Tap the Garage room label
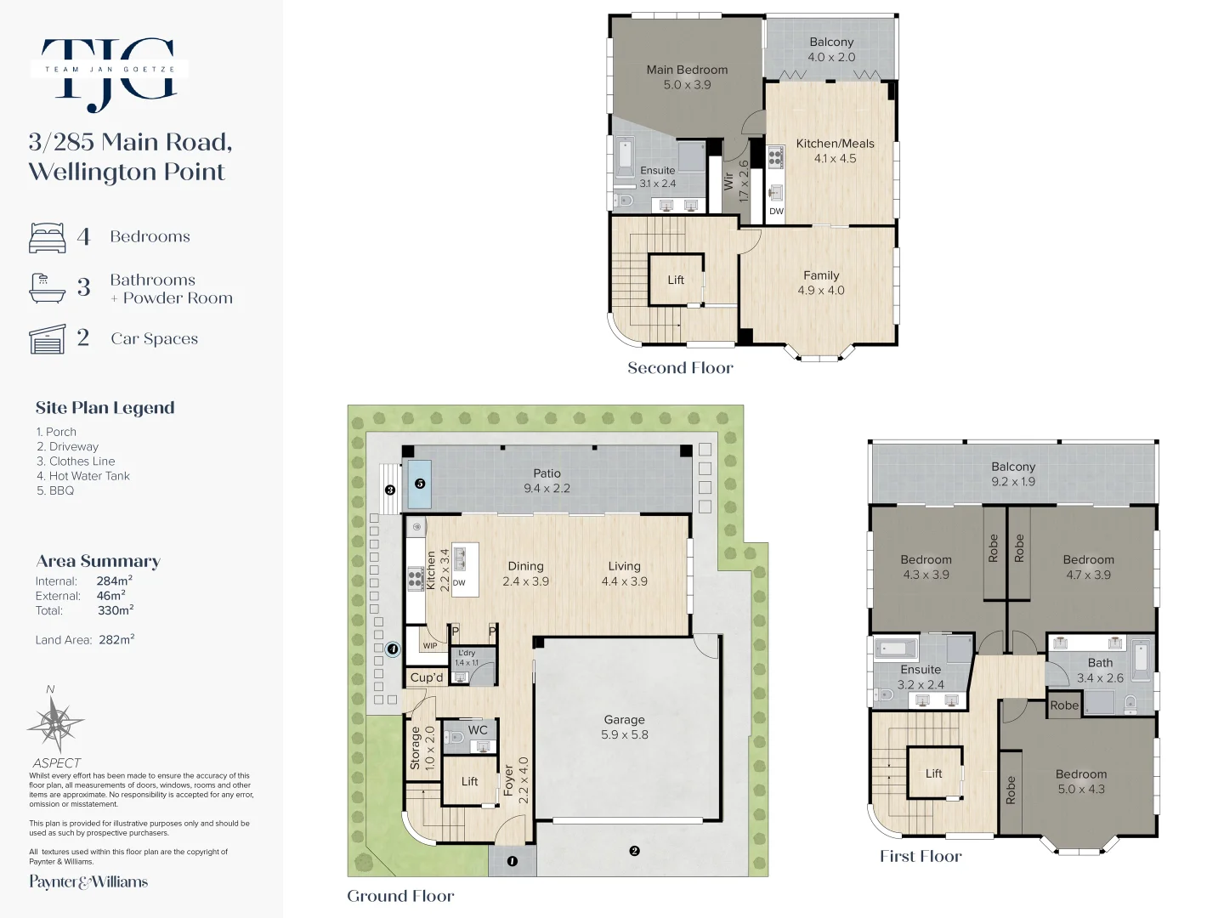tap(624, 727)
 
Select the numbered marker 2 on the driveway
tap(634, 851)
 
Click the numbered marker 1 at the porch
tap(512, 861)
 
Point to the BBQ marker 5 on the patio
tap(420, 484)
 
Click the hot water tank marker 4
tap(393, 649)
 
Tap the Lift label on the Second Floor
tap(676, 280)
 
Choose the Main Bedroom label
tap(687, 76)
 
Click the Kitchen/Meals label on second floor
tap(835, 150)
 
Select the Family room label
tap(821, 282)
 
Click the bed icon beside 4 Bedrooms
tap(48, 237)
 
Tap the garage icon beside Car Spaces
tap(48, 338)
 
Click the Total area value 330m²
tap(115, 610)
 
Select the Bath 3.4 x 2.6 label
tap(1100, 670)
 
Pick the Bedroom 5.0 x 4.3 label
tap(1081, 781)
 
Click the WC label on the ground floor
tap(478, 730)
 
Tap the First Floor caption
tap(921, 856)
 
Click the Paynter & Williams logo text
tap(88, 881)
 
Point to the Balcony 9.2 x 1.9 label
tap(1013, 473)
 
